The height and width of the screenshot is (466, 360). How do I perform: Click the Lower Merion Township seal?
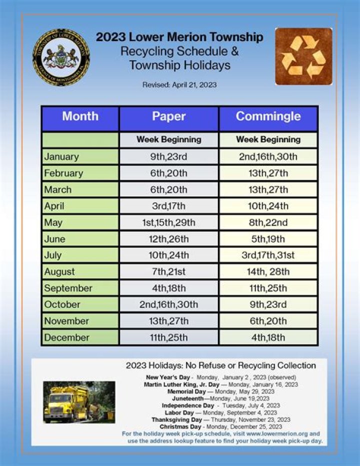61,57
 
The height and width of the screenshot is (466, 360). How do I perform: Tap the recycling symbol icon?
303,57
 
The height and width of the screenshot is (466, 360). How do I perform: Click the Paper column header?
168,117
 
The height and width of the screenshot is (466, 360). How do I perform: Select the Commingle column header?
268,117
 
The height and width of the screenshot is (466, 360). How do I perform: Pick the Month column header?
80,117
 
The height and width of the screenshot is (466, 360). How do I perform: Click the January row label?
61,157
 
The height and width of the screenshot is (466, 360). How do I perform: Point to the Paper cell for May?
168,222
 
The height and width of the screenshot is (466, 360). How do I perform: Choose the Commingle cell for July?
268,255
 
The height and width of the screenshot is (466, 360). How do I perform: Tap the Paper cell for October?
168,304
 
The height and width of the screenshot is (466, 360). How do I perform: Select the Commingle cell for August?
268,272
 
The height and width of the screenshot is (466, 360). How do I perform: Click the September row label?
68,288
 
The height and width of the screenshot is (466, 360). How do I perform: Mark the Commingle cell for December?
268,337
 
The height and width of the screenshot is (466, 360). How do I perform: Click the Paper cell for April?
168,206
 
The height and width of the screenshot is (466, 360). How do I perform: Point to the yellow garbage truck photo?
79,402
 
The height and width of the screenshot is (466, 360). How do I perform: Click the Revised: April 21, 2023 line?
179,85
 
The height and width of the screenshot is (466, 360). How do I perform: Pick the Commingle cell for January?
268,157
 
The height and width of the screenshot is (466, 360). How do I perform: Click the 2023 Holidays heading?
220,365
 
